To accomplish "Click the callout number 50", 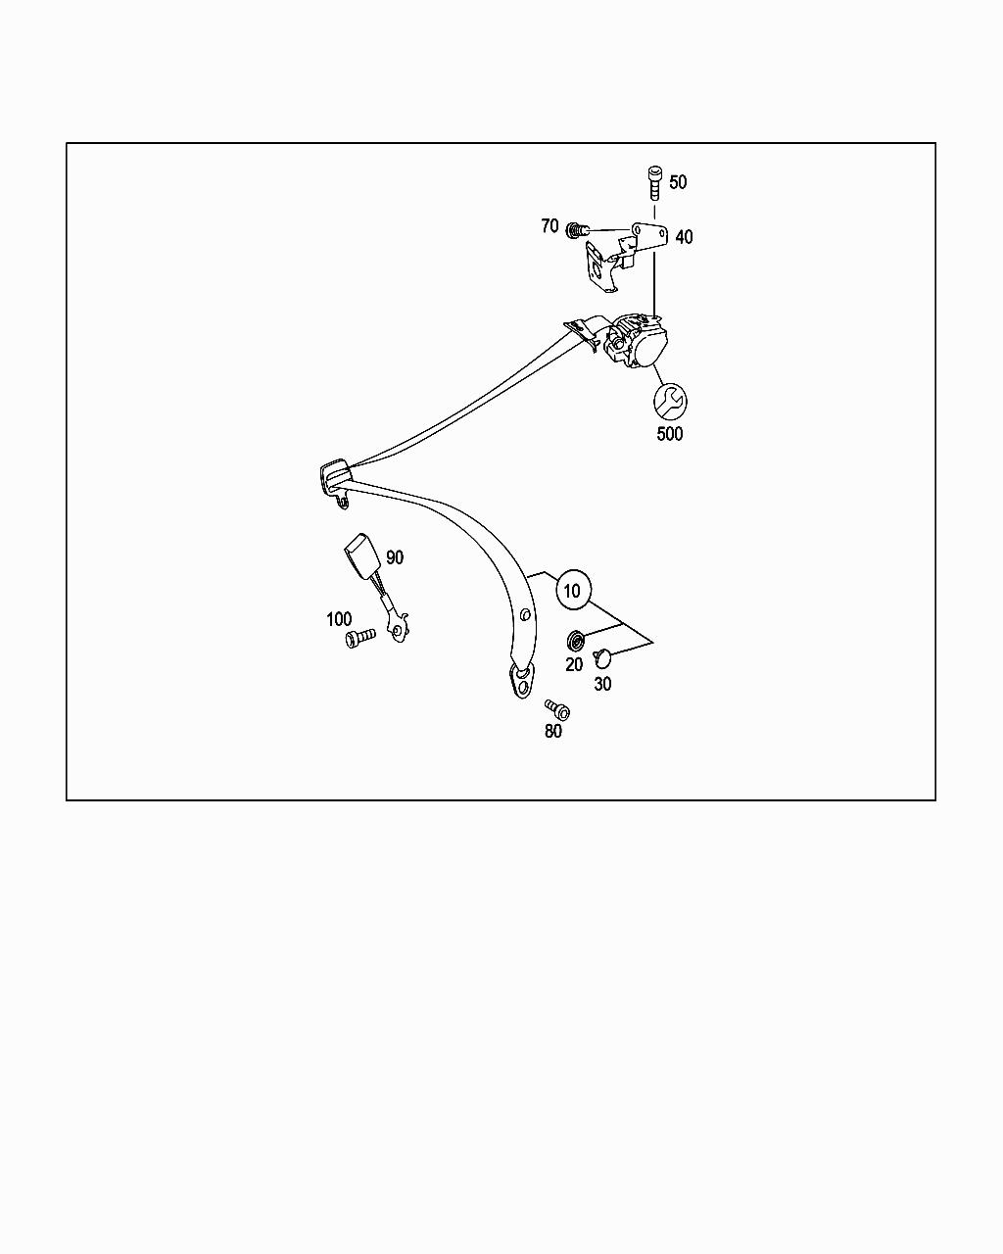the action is (x=678, y=182).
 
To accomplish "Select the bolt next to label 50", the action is (x=653, y=183).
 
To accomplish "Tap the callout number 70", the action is (x=549, y=226).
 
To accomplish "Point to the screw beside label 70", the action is (x=577, y=230).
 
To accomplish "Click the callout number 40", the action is (x=684, y=237).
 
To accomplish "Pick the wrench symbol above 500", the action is (x=670, y=400).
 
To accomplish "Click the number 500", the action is (x=670, y=434).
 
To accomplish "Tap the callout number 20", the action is (x=574, y=664).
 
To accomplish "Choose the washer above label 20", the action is (x=576, y=642).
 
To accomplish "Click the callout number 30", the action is (x=602, y=684).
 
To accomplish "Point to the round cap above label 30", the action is (x=602, y=658).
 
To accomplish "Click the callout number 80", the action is (x=553, y=731).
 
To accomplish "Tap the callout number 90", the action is (x=395, y=557).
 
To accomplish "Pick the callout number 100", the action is (x=339, y=619).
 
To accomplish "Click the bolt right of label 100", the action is (x=359, y=639).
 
